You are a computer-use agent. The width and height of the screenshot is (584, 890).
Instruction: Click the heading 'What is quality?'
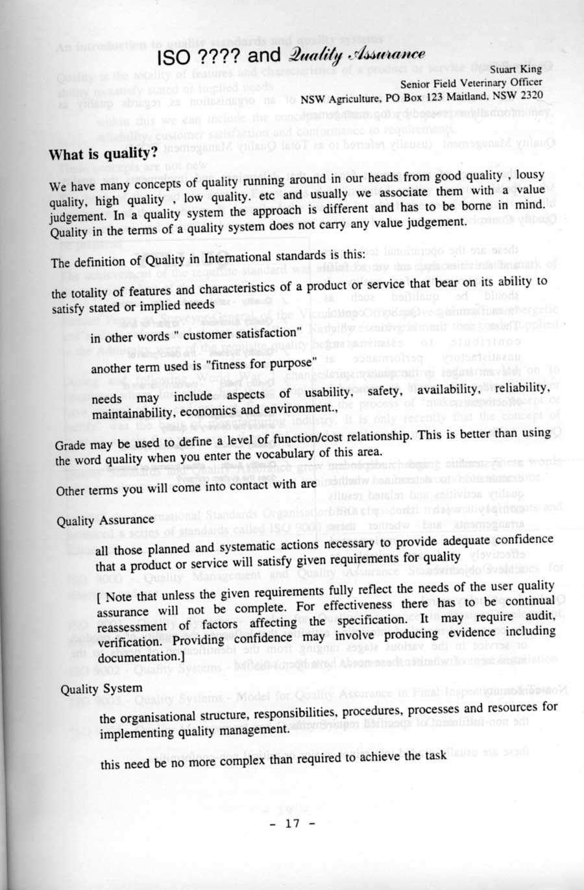click(x=103, y=155)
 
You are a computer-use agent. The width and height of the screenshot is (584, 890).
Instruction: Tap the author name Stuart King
click(x=516, y=69)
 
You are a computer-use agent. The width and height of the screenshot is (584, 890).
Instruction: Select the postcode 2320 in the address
click(x=529, y=95)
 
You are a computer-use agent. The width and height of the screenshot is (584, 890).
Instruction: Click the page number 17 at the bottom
click(x=293, y=823)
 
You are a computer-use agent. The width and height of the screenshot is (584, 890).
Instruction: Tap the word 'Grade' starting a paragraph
click(x=69, y=445)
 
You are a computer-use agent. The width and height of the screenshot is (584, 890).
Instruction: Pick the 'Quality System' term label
click(x=101, y=688)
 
